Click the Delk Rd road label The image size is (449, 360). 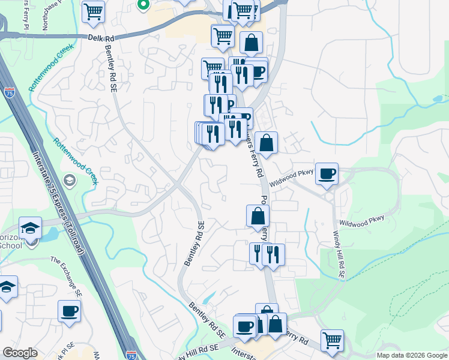pos(100,37)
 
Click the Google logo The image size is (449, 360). pos(20,353)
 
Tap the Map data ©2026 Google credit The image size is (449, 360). pos(412,355)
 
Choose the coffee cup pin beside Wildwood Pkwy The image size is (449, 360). pos(327,174)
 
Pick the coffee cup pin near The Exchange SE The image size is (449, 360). pos(69,311)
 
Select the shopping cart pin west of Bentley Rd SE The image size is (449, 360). pos(93,11)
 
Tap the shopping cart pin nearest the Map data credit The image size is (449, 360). pos(332,340)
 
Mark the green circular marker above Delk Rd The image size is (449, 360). pos(143,5)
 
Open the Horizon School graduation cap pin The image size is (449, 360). pos(30,228)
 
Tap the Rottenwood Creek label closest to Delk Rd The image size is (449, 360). pos(51,67)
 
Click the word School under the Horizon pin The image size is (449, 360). pos(11,245)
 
